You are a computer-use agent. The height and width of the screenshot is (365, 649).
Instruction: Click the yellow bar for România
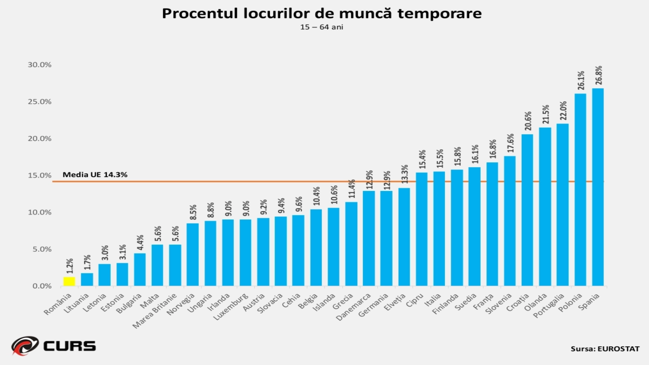click(69, 281)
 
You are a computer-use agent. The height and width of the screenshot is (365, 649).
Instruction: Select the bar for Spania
click(598, 187)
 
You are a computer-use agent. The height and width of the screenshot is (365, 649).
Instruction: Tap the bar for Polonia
click(580, 190)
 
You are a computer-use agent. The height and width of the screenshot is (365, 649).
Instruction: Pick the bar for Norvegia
click(193, 254)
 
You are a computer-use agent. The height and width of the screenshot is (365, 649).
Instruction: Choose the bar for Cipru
click(421, 229)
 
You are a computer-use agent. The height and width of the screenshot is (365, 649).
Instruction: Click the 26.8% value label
click(599, 75)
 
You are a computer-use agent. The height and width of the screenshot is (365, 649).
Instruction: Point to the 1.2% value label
click(70, 266)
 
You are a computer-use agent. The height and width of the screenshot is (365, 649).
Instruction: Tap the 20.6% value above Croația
click(528, 121)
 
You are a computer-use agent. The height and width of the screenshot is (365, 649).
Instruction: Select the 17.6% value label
click(510, 143)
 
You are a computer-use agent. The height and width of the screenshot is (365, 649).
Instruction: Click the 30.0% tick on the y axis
click(39, 65)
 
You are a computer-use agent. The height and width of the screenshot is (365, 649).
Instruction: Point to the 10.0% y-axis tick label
click(39, 213)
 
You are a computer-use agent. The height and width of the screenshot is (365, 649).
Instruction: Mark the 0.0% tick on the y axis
click(42, 286)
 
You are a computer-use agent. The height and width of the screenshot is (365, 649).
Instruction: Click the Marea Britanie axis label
click(155, 311)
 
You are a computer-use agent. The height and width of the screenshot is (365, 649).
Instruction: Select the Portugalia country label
click(548, 306)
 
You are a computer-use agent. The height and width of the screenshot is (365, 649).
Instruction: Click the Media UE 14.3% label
click(95, 175)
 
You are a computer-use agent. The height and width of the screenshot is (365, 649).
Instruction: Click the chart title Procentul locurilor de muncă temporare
click(322, 13)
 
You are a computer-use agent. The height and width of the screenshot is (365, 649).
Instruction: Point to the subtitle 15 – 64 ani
click(322, 27)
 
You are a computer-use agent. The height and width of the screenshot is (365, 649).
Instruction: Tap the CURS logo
click(54, 346)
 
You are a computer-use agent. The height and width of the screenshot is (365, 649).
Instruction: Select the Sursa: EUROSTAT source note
click(605, 349)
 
